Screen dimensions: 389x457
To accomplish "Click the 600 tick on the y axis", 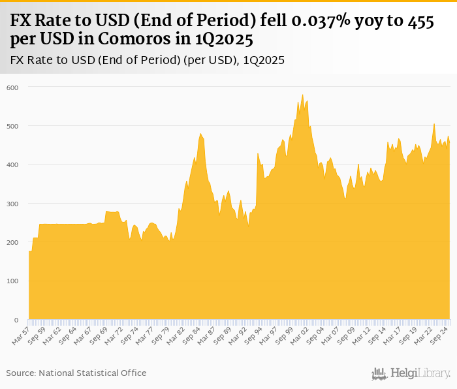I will pos(13,87).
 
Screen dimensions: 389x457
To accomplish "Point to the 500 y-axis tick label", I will pos(13,126).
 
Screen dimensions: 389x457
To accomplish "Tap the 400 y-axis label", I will pos(13,165).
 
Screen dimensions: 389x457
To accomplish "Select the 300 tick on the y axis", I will pos(13,204).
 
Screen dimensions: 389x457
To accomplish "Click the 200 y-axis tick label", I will pos(13,243).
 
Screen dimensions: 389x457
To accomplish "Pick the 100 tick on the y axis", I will pos(13,281).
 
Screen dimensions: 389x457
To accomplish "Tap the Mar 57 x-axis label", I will pos(22,335).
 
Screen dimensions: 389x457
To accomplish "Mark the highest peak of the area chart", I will pos(302,95).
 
